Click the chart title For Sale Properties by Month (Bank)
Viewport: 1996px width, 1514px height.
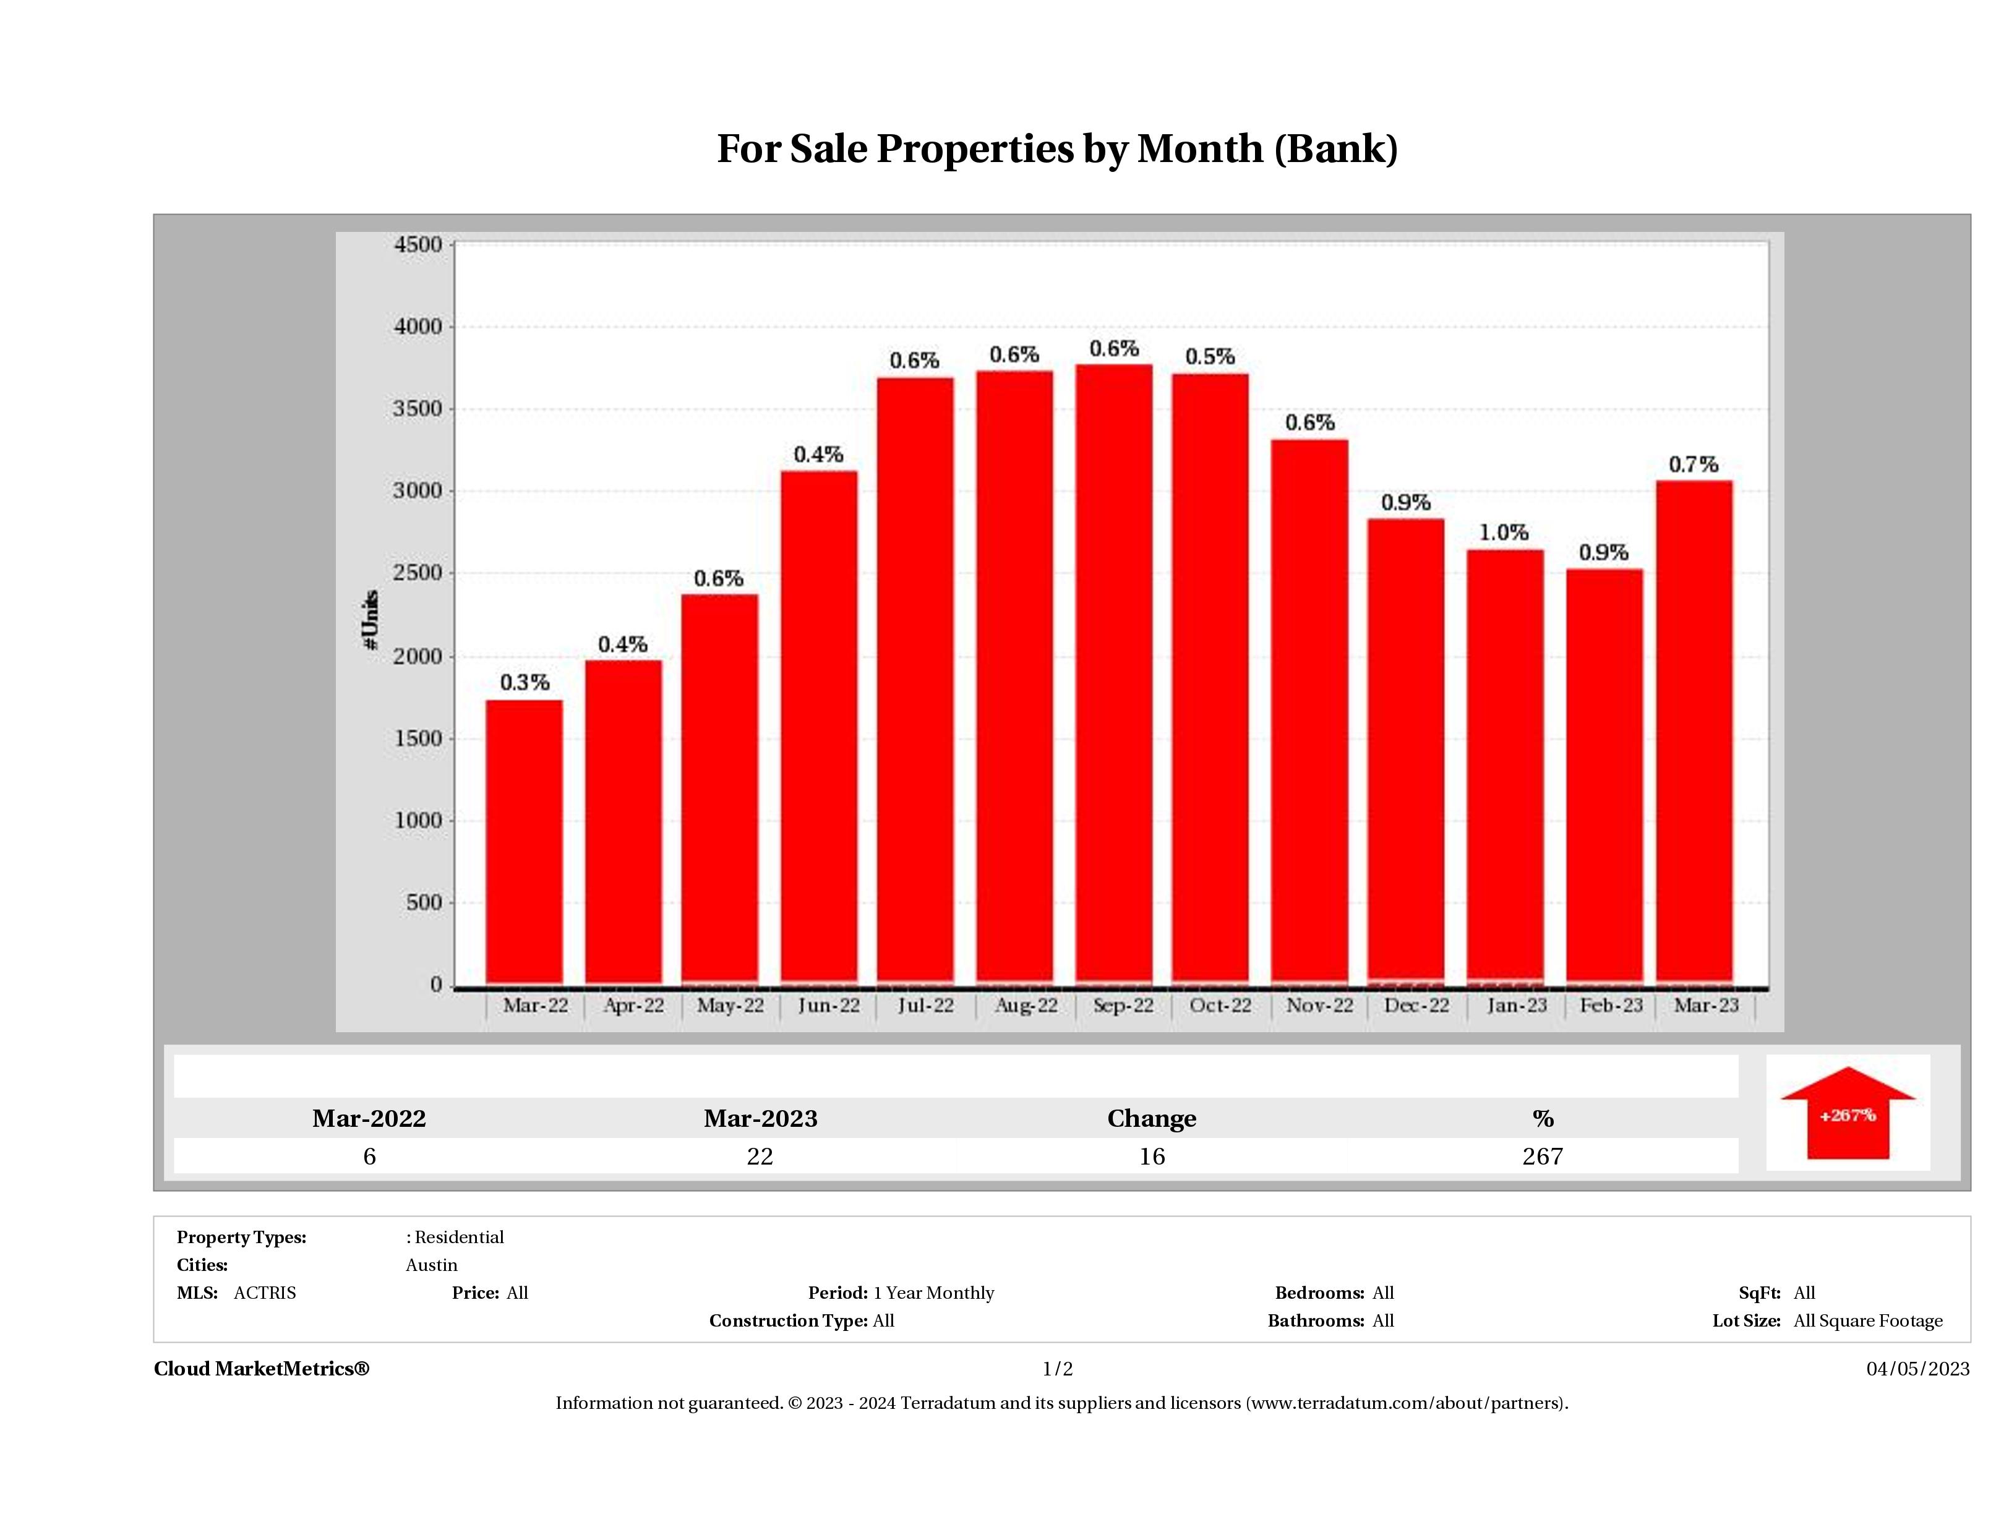pos(1056,150)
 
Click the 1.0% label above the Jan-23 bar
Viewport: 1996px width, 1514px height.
pos(1503,533)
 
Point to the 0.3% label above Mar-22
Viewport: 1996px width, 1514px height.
pos(525,683)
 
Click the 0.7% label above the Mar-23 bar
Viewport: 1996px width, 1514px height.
pos(1693,464)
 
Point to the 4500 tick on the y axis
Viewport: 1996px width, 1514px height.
pos(418,244)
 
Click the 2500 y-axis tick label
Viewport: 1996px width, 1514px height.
pos(418,573)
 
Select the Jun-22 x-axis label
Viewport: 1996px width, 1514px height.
pos(828,1005)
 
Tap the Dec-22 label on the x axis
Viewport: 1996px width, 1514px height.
pos(1416,1005)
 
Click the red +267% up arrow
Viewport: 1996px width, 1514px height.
pos(1847,1115)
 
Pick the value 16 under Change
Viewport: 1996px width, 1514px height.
pos(1152,1157)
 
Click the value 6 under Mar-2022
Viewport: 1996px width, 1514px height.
pos(369,1157)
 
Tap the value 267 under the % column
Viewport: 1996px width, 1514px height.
pos(1542,1157)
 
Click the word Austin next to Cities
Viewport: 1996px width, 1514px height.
pos(431,1265)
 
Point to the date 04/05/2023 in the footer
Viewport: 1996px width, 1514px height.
pos(1917,1369)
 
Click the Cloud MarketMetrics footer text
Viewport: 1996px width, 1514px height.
pos(262,1369)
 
